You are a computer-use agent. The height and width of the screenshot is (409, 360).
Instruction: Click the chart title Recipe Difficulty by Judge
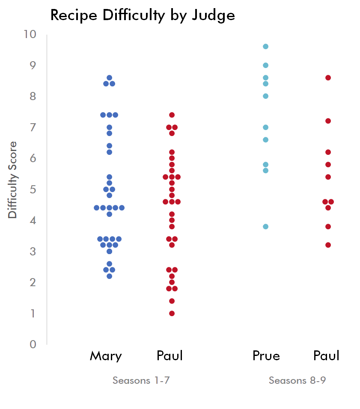coord(143,15)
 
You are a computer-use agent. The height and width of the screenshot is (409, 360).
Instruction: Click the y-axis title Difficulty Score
coord(13,180)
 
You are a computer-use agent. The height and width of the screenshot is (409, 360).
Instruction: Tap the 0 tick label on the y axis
coord(33,344)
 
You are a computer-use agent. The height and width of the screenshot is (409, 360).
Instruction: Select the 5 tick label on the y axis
coord(33,189)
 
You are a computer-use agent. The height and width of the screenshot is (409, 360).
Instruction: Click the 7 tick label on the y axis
coord(33,127)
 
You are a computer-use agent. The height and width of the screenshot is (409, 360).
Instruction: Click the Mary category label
coord(106,356)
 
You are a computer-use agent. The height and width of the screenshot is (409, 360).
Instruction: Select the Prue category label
coord(266,356)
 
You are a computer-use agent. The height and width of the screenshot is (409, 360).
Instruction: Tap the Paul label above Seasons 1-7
coord(170,356)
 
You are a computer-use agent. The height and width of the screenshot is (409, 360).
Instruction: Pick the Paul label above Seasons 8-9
coord(326,356)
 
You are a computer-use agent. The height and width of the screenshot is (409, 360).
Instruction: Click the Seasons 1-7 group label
coord(141,380)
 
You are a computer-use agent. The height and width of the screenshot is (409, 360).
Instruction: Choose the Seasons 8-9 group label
coord(297,380)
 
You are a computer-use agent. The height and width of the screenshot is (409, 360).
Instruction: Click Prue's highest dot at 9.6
coord(265,46)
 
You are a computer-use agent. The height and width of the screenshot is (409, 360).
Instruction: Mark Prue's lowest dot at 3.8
coord(265,226)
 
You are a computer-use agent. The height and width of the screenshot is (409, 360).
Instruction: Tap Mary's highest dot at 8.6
coord(109,77)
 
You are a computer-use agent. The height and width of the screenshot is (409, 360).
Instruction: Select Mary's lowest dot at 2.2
coord(109,276)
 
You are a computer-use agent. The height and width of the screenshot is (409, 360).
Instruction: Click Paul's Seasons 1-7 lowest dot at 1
coord(172,313)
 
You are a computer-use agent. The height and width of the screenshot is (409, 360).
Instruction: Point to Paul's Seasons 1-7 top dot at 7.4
coord(172,115)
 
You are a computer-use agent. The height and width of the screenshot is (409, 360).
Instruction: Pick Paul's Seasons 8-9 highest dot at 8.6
coord(328,77)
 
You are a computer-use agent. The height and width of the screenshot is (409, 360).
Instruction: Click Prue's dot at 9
coord(265,65)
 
